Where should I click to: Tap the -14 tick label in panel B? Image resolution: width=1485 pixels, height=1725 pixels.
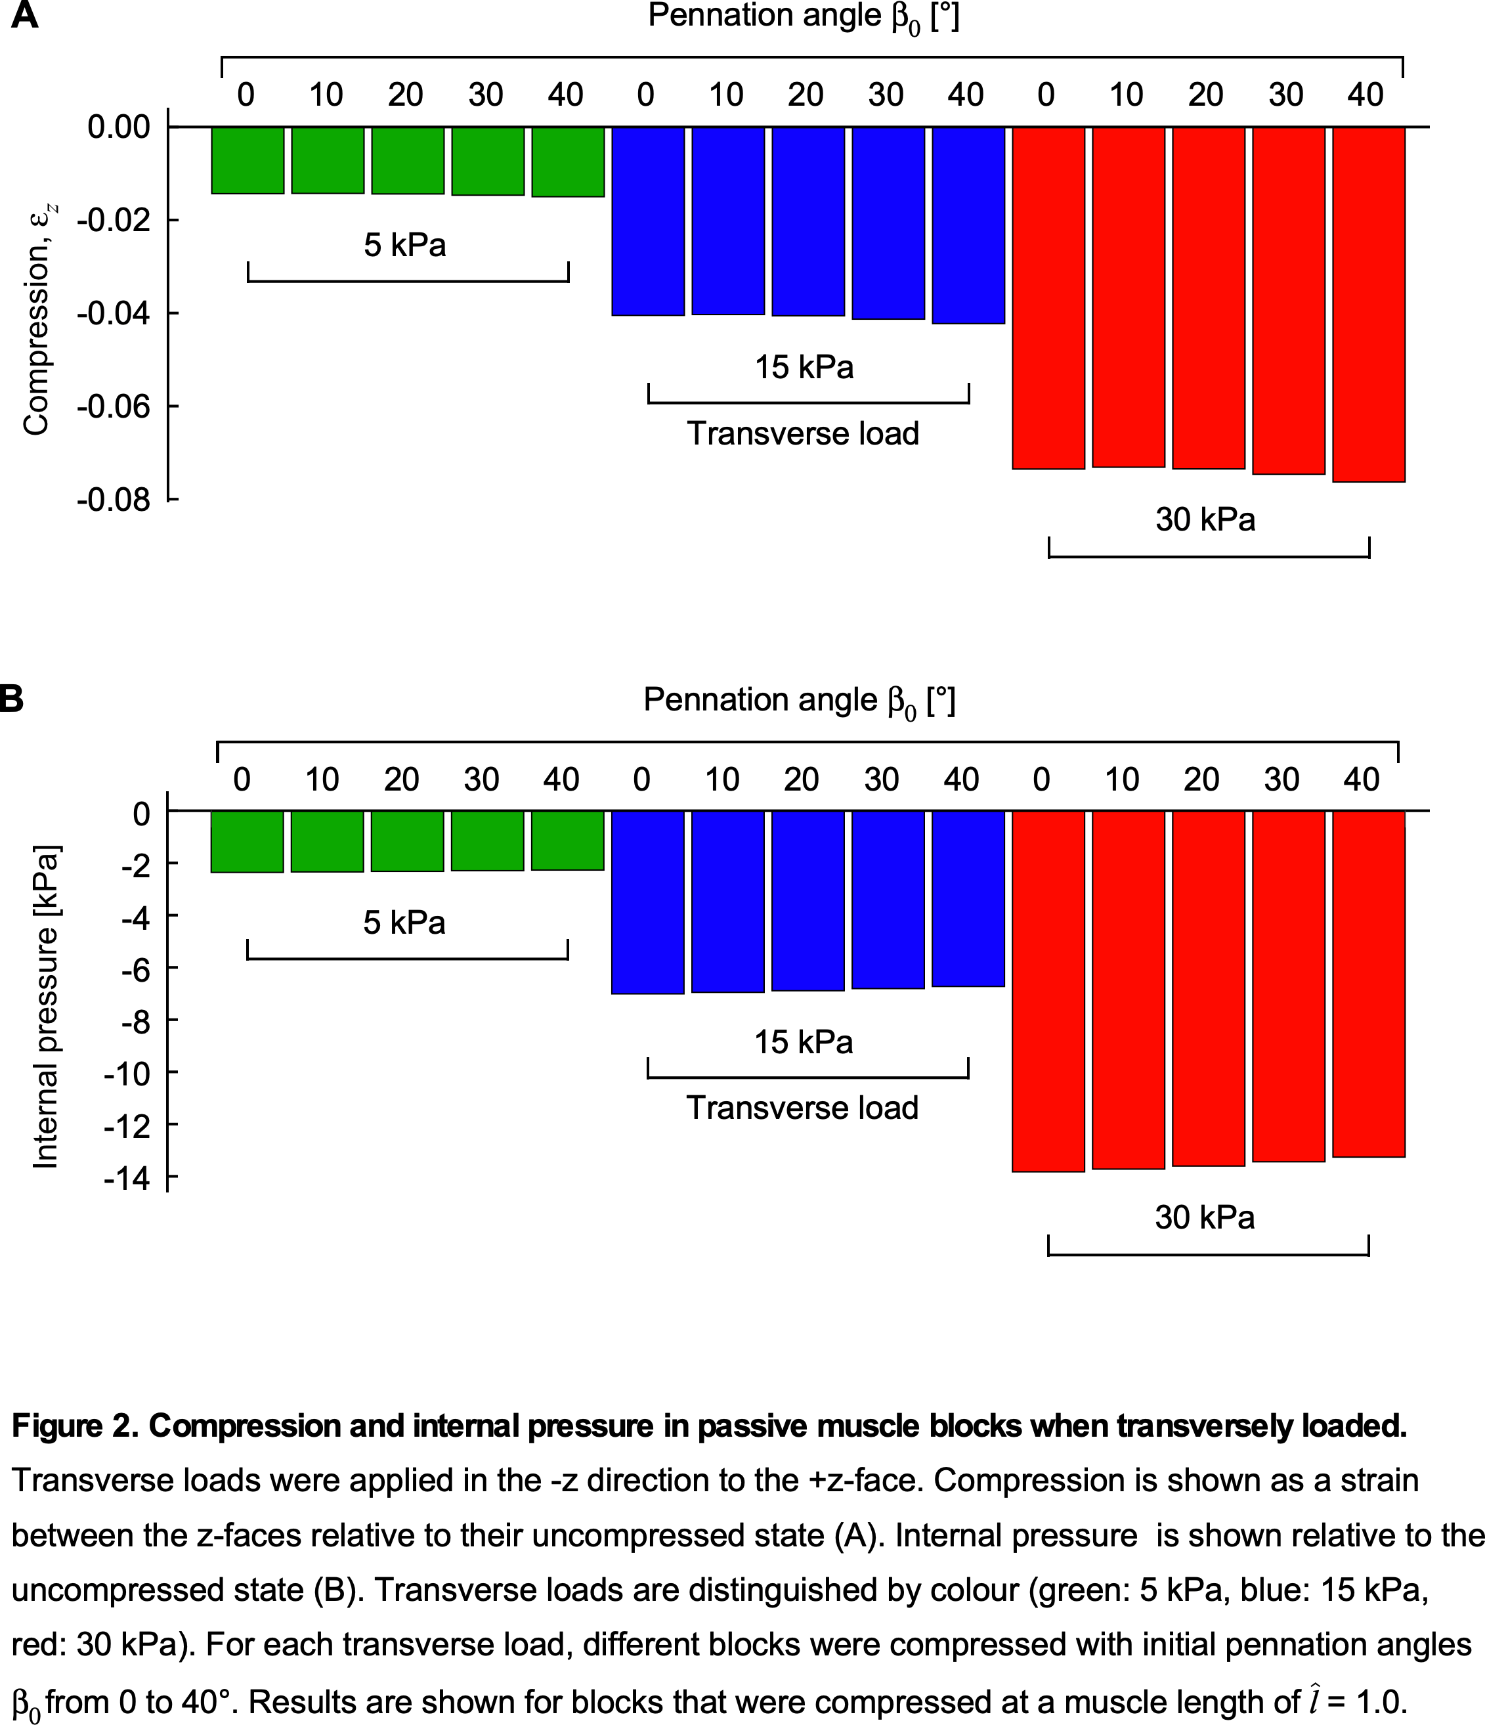127,1178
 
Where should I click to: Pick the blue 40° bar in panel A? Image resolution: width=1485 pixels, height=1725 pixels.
968,225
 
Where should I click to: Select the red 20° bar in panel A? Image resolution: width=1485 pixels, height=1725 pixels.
1208,297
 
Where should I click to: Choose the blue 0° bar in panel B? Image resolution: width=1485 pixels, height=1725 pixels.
647,902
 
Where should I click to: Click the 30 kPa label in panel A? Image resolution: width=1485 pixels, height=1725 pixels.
1205,519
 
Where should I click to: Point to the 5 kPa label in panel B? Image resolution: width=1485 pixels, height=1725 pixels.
404,923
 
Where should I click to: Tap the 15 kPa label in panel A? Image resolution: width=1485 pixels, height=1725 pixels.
804,367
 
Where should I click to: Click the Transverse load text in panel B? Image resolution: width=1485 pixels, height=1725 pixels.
802,1108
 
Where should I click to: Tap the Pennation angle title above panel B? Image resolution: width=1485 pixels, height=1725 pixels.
799,701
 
